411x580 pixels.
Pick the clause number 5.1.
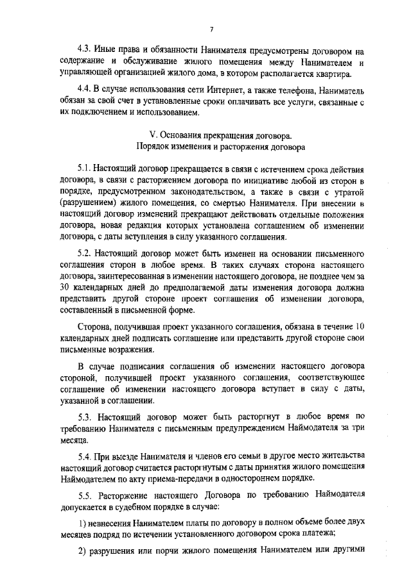click(x=84, y=169)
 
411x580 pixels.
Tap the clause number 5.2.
click(x=84, y=253)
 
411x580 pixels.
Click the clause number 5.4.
click(x=84, y=455)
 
